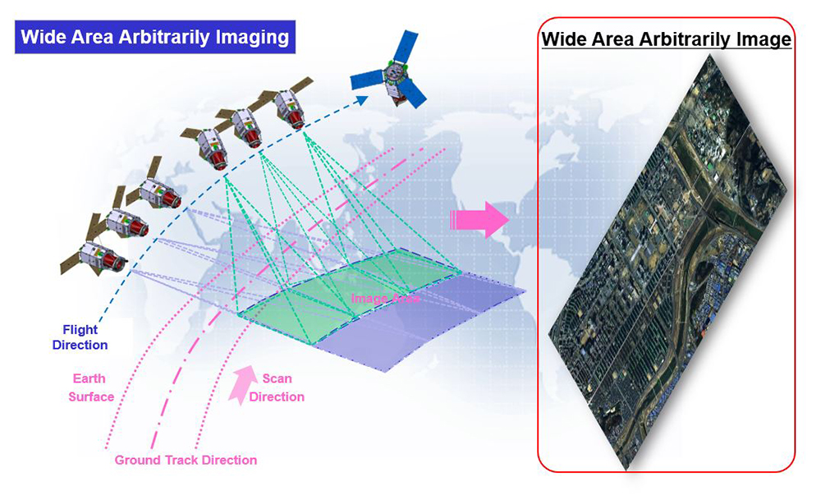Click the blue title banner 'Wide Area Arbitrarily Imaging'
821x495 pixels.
[155, 37]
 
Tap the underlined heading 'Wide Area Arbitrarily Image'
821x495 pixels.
[666, 39]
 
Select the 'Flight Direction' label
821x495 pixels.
[80, 337]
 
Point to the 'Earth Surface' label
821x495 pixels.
[90, 387]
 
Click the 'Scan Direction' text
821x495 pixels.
[277, 387]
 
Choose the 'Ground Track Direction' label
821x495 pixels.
[186, 460]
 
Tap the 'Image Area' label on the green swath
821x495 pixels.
[385, 298]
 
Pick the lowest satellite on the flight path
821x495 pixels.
[94, 256]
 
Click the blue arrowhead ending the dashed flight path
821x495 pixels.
[362, 99]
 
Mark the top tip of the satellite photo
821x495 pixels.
[709, 55]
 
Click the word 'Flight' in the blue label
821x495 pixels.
[80, 330]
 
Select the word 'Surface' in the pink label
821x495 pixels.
[91, 396]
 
